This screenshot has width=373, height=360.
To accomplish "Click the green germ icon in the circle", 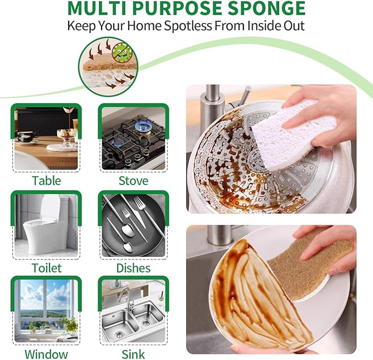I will click(122, 54).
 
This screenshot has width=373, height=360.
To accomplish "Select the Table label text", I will click(46, 180).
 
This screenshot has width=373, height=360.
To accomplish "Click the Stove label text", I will click(133, 180).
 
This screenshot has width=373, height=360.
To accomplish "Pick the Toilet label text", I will click(46, 268).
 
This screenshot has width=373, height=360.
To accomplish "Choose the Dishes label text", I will click(133, 268).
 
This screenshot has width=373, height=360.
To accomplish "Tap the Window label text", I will click(46, 354).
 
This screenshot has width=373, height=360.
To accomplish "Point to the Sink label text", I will click(133, 354).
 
